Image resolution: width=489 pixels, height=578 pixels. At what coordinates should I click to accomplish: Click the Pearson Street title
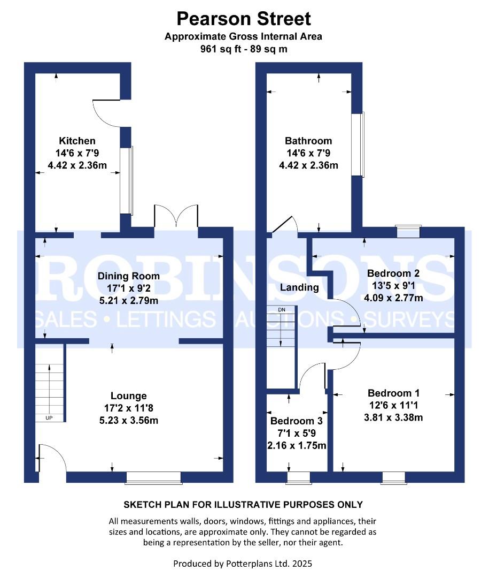(244, 19)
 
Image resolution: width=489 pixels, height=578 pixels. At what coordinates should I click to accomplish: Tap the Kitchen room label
(77, 141)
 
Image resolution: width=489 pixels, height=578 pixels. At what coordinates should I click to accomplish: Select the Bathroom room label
(308, 141)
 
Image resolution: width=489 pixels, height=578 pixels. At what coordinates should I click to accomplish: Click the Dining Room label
(129, 276)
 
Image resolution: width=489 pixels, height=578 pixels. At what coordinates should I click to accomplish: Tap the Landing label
(299, 287)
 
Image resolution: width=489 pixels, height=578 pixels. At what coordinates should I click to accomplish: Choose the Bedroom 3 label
(297, 421)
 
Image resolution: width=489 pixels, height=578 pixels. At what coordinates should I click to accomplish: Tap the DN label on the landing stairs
(282, 310)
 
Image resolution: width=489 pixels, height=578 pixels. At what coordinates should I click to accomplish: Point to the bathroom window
(359, 144)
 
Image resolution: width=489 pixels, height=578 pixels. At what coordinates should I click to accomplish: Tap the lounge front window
(153, 477)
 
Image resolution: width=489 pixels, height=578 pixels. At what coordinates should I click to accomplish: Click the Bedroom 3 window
(298, 477)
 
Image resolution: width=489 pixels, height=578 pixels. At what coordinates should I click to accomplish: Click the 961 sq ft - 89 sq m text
(244, 49)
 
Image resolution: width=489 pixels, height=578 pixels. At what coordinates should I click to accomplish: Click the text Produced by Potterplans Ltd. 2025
(243, 564)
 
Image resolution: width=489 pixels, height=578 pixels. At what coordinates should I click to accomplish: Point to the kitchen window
(127, 180)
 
